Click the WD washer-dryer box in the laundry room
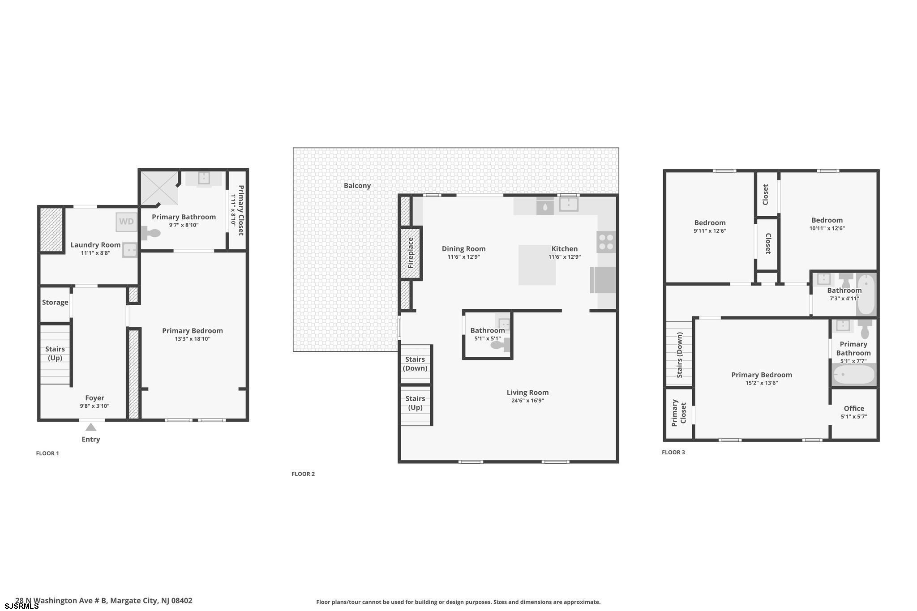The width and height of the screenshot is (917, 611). [126, 222]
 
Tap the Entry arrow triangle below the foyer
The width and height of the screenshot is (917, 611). [91, 427]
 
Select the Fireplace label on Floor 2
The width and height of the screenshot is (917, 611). [411, 253]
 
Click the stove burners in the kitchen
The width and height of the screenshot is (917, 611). [606, 242]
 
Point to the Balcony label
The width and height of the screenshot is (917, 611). [357, 185]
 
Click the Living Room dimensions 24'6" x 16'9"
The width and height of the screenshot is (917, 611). [527, 401]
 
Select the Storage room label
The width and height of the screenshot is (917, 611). [55, 302]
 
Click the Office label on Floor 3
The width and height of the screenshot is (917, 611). [854, 408]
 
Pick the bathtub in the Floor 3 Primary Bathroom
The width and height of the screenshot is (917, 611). [854, 375]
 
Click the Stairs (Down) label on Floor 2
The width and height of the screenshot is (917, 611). [415, 363]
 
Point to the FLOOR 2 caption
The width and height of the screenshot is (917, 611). [303, 474]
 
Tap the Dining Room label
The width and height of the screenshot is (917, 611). [463, 249]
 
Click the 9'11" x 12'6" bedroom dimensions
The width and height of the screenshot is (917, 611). [710, 231]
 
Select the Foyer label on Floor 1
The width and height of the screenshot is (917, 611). [94, 398]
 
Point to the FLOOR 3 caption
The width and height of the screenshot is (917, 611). [673, 453]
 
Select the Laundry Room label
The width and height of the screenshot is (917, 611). [95, 245]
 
